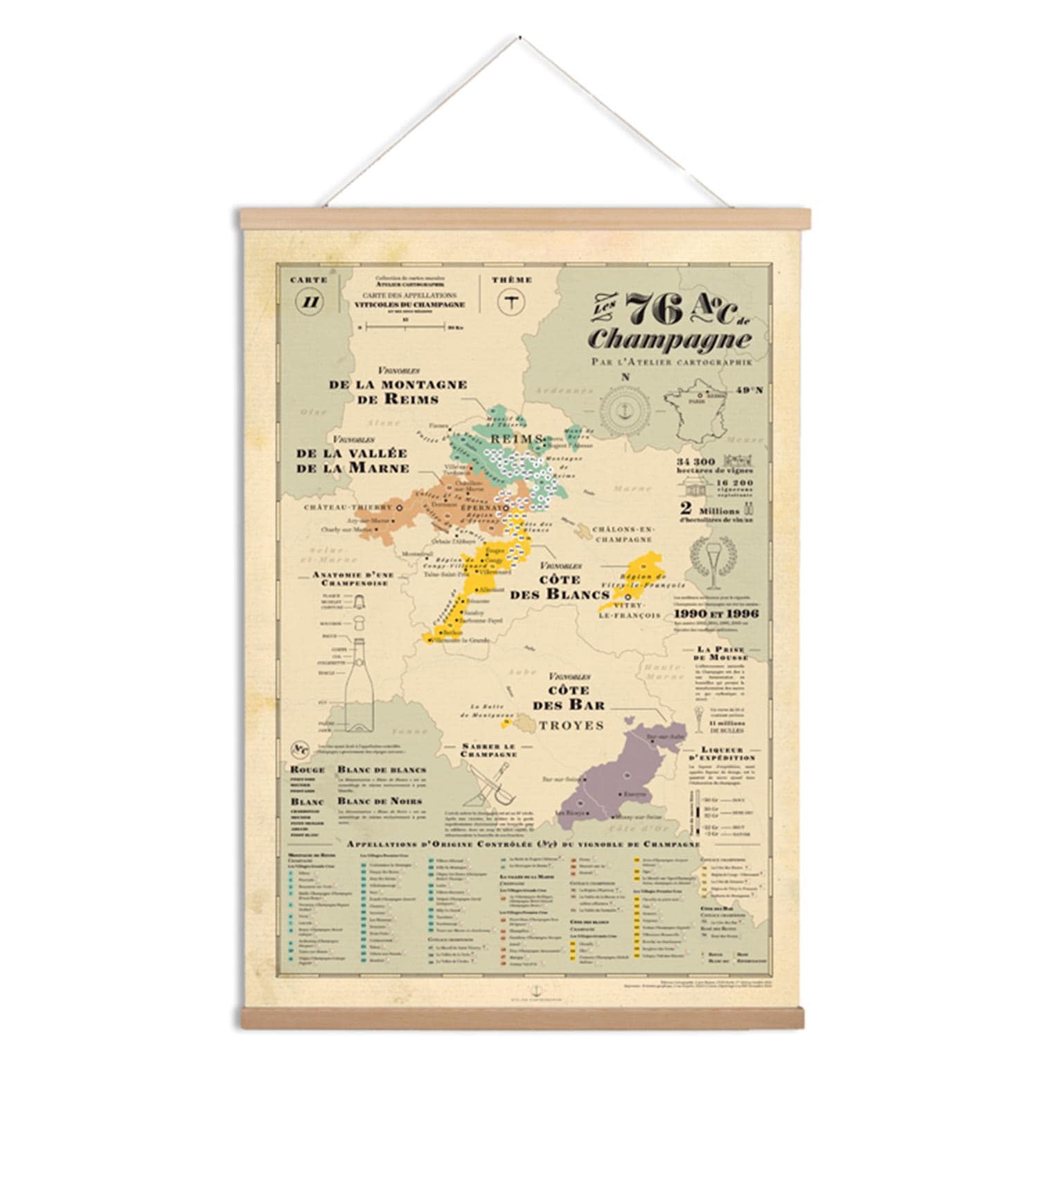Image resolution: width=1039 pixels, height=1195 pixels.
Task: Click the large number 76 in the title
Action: point(654,308)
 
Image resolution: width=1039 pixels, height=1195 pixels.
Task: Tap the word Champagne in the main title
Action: point(668,340)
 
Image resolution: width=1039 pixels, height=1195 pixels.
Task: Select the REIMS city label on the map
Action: point(515,439)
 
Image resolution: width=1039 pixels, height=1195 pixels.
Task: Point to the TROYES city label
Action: point(571,725)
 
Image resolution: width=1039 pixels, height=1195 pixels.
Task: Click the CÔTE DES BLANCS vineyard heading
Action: point(560,586)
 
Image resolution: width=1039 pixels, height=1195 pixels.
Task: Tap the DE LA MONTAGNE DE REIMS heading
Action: point(399,392)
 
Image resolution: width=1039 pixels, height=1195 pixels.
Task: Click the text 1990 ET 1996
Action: point(716,613)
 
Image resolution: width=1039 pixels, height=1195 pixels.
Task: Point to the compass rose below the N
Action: point(625,410)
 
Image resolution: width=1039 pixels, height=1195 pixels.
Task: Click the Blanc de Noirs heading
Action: point(370,801)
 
